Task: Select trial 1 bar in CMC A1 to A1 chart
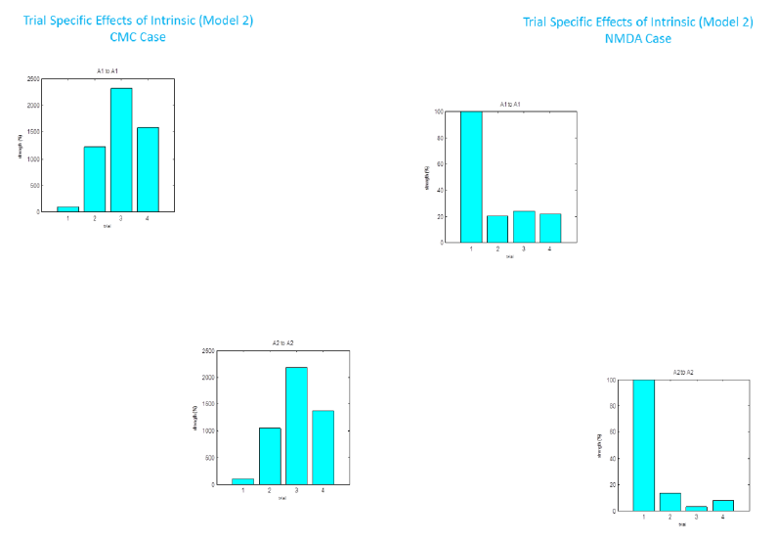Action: click(x=68, y=208)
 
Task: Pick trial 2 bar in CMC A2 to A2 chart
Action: click(x=270, y=456)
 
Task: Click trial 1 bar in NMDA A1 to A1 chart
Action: click(x=471, y=176)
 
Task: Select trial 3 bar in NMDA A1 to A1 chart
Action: click(x=524, y=227)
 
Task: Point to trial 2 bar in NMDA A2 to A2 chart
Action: click(x=669, y=502)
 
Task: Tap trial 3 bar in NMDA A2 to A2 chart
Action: click(x=696, y=508)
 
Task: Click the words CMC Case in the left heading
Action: click(x=138, y=37)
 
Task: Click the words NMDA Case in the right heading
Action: click(x=637, y=39)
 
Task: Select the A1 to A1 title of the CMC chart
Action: click(x=108, y=71)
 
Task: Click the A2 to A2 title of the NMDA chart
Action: click(x=682, y=373)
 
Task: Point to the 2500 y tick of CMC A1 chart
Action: click(x=34, y=78)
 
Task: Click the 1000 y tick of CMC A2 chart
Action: click(x=207, y=430)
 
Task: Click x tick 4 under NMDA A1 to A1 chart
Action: click(x=549, y=249)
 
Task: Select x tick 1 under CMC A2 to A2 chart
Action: click(x=243, y=491)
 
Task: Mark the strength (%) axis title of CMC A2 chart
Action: click(x=194, y=417)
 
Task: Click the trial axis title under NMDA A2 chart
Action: click(x=682, y=524)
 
